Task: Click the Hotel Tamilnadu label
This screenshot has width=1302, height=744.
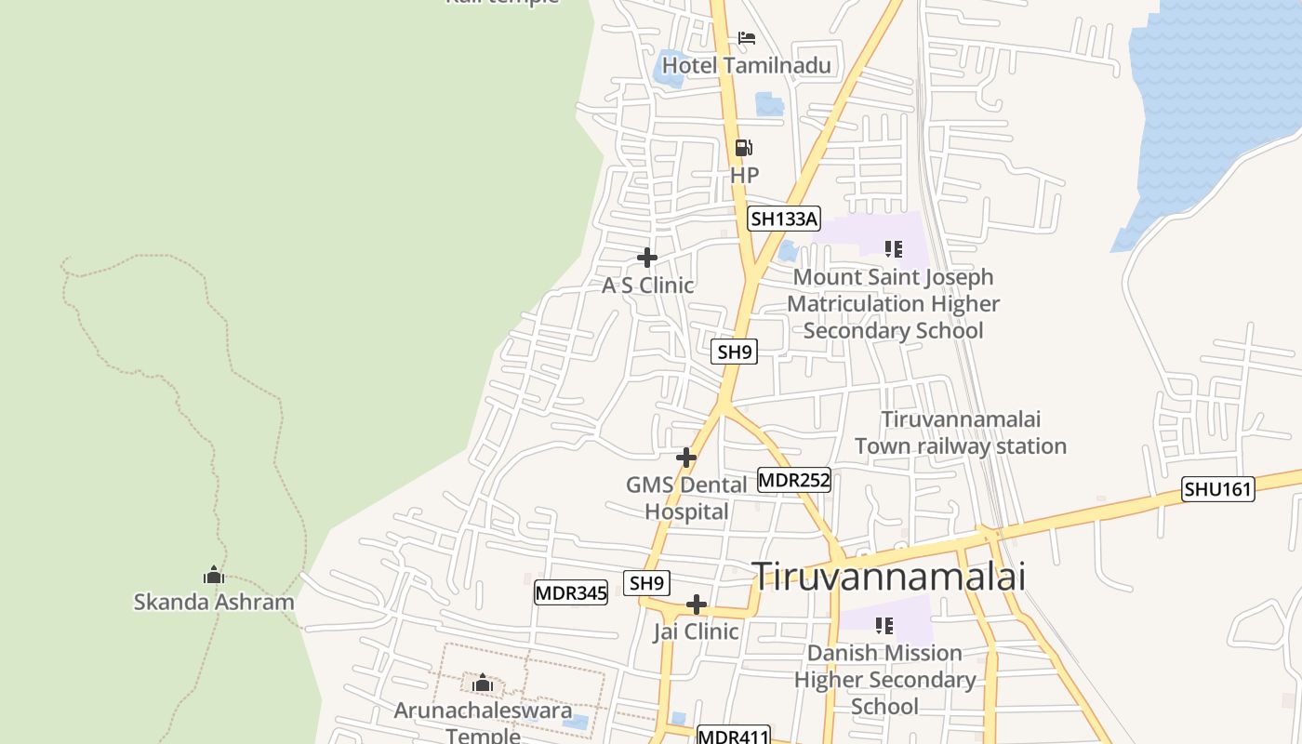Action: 746,65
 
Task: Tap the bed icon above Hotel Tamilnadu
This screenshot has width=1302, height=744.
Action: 746,38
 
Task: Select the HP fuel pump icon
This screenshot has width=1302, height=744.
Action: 743,147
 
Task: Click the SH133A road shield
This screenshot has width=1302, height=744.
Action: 784,219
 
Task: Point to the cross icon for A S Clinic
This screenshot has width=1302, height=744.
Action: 647,258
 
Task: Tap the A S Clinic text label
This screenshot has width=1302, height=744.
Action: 647,286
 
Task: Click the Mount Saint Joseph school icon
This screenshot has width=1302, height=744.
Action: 893,248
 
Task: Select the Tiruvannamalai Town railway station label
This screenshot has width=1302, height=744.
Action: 960,432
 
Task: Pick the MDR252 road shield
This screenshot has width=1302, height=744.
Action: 793,480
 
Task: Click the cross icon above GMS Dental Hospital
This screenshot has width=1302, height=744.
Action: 686,457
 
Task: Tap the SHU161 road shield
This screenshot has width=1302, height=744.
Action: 1217,489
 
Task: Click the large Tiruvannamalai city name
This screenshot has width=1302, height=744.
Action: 888,576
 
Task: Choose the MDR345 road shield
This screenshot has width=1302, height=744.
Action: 571,592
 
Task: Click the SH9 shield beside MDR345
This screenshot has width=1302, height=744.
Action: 647,583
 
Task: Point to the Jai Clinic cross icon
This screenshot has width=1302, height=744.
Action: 696,605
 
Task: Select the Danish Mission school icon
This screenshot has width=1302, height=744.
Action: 883,625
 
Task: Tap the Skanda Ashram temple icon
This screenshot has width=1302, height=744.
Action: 214,575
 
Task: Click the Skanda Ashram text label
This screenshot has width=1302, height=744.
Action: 214,602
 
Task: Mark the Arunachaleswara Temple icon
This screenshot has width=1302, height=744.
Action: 482,684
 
